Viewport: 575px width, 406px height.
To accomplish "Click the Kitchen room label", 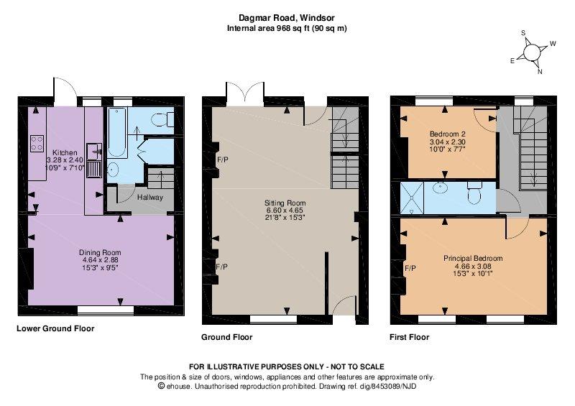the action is coord(65,152).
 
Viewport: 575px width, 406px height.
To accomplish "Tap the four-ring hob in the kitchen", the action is coord(37,143).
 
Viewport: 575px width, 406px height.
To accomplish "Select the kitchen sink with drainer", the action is coord(94,161).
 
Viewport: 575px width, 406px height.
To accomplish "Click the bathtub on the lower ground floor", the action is coord(117,133).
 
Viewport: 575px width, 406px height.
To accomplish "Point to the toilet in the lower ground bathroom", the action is coord(163,119).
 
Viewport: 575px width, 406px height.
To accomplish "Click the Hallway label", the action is coord(150,198).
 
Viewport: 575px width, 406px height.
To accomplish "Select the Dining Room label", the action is coord(100,252).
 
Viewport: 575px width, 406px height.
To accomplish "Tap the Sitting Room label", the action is coord(285,203).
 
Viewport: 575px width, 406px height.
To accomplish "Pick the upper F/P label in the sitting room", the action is coord(222,160).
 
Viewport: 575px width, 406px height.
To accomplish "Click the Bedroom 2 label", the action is coord(447,134).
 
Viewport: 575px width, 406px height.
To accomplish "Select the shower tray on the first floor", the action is coord(412,198).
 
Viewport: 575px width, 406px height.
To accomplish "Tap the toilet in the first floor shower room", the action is coord(474,193).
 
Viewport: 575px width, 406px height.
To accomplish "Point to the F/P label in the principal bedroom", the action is coord(410,269).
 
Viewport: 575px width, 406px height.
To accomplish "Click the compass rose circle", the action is coord(532,52).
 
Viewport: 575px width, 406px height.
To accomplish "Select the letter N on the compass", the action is coord(540,72).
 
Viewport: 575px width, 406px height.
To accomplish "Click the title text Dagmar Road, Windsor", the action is coord(287,17).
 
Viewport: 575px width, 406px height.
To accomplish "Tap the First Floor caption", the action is coord(409,337).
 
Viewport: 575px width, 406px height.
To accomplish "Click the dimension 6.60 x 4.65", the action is coord(285,210).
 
